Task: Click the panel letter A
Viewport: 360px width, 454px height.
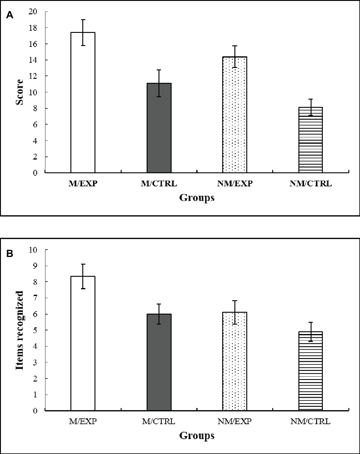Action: (x=10, y=15)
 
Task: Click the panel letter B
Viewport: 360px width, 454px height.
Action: (x=10, y=253)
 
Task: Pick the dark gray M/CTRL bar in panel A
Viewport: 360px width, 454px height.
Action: (x=159, y=128)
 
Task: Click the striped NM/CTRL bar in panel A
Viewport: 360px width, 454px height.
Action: (x=310, y=140)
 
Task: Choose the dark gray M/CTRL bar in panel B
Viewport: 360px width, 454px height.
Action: (x=159, y=362)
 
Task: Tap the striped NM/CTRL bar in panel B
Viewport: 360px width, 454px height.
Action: (x=310, y=371)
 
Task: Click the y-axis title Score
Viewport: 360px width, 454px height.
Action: (x=20, y=92)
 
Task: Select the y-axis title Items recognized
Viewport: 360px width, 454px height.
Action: (x=20, y=330)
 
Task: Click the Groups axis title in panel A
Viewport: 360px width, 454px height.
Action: (x=197, y=198)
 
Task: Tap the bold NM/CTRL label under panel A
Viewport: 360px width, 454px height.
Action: (x=310, y=184)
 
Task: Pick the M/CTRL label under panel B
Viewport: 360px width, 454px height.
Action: (x=159, y=422)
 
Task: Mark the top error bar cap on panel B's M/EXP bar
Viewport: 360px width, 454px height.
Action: (x=83, y=264)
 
